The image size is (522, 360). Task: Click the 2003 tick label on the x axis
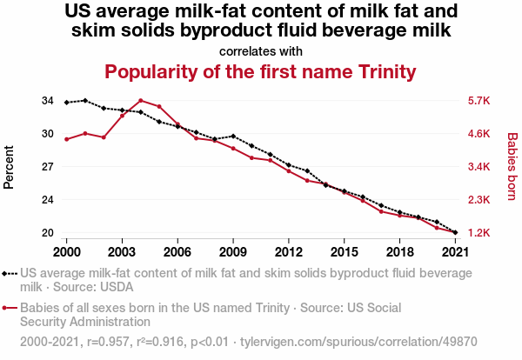[x=122, y=251]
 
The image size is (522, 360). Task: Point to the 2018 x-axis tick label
[x=399, y=251]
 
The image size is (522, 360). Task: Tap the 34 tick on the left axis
[x=47, y=101]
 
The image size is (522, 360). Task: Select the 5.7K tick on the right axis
[x=479, y=101]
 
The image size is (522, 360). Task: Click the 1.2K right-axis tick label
[x=479, y=233]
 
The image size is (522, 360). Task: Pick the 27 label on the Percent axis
[x=47, y=167]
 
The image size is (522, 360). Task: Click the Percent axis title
[x=10, y=167]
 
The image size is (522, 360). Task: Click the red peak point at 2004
[x=141, y=101]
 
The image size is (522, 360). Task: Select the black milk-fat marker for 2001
[x=85, y=100]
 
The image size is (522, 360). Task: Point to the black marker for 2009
[x=233, y=136]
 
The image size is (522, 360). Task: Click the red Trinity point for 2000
[x=67, y=139]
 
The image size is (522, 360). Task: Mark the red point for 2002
[x=104, y=137]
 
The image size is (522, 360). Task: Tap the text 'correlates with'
[x=261, y=50]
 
